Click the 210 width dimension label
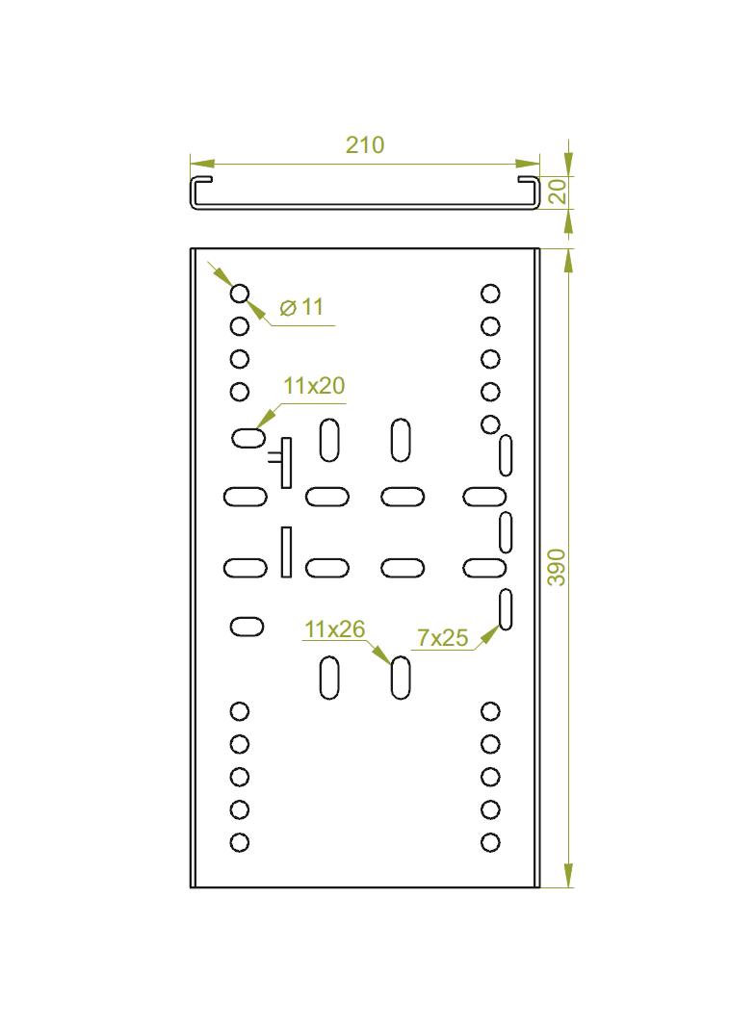[x=365, y=144]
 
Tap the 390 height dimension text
[x=556, y=567]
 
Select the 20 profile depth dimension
[x=558, y=192]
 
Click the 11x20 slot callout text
[x=314, y=385]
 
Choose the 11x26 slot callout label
[x=334, y=628]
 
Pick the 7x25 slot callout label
[x=443, y=637]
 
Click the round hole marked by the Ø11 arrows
[x=240, y=294]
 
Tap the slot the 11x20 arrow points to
[x=248, y=437]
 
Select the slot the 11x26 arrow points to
[x=401, y=678]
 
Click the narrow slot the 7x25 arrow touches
[x=506, y=609]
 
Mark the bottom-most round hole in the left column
[x=240, y=842]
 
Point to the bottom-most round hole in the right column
[x=490, y=842]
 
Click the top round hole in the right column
[x=490, y=294]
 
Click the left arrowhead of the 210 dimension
[x=202, y=164]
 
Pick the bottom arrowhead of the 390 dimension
[x=568, y=875]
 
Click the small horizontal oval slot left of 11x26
[x=247, y=627]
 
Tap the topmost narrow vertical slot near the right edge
[x=506, y=455]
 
